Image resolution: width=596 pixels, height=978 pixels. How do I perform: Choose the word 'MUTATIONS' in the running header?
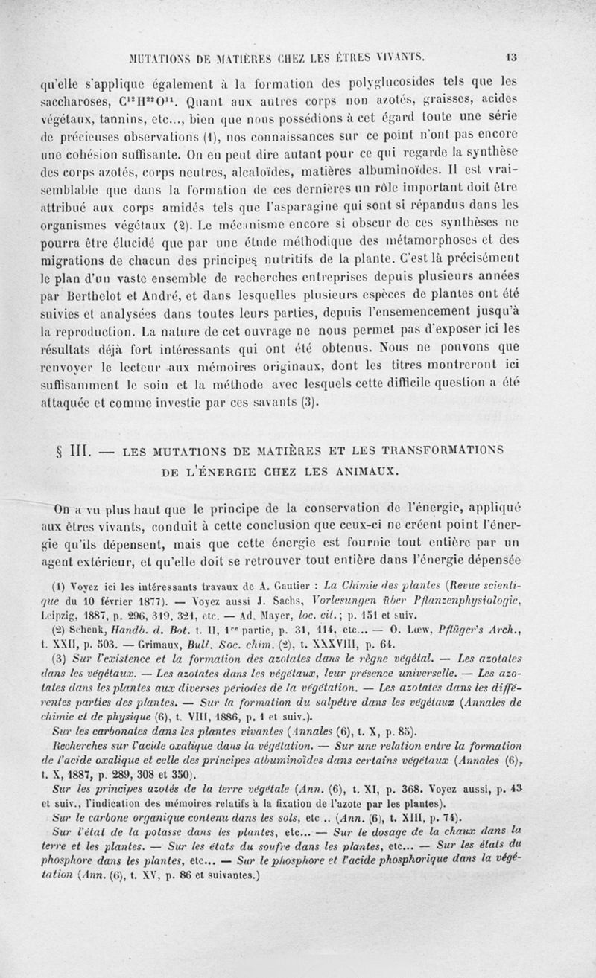click(160, 54)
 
